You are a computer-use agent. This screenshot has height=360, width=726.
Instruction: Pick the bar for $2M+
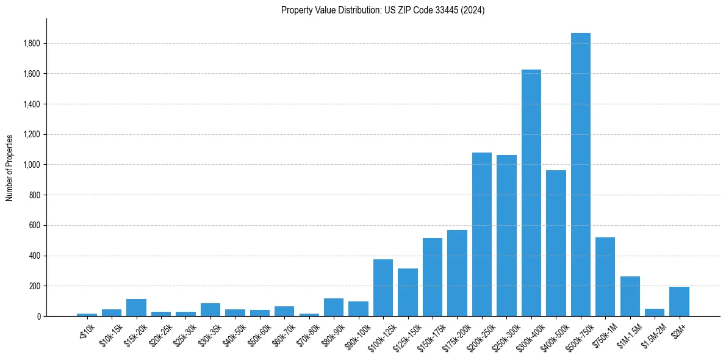(x=679, y=301)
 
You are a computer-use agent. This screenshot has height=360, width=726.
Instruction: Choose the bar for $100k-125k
(x=383, y=287)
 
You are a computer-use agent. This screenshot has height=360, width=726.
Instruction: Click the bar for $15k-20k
(x=136, y=308)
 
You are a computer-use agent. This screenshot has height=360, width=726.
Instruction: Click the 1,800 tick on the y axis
(x=32, y=43)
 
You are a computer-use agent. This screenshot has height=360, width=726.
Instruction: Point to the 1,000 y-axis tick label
(x=32, y=165)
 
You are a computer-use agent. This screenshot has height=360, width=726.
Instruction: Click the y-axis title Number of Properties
(x=10, y=167)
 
